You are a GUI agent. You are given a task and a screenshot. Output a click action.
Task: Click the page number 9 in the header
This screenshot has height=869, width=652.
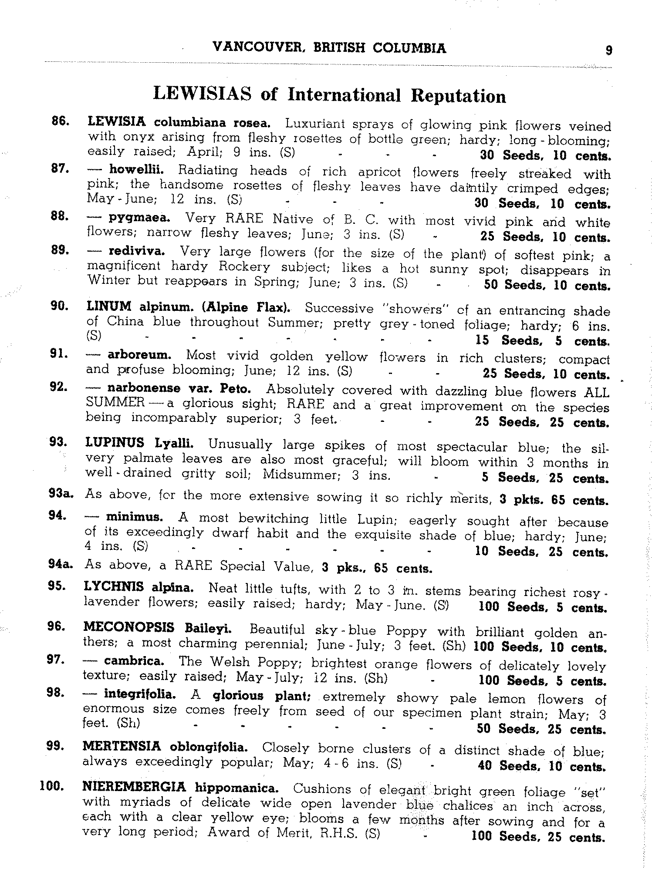(609, 51)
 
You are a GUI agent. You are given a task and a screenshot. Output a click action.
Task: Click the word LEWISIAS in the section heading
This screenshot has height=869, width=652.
(203, 94)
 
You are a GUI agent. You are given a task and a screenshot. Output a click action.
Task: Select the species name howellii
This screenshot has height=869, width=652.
(136, 169)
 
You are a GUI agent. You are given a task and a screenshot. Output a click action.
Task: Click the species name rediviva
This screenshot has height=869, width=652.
(137, 251)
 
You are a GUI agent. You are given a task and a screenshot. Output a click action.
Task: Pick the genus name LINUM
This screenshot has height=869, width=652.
(109, 306)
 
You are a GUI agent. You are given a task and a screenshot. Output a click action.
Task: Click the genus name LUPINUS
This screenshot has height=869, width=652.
(115, 443)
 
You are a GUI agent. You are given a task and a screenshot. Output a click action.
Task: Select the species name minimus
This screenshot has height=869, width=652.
(135, 518)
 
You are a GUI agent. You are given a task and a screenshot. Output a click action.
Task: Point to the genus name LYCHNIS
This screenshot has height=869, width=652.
(114, 587)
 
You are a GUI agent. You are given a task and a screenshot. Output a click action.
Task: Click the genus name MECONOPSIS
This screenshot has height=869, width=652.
(129, 628)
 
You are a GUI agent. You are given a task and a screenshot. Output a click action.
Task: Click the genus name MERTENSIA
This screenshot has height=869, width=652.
(122, 747)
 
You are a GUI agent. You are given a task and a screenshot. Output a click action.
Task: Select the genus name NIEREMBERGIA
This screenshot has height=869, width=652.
(134, 787)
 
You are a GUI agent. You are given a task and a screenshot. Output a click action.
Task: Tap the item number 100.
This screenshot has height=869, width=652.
(52, 786)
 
